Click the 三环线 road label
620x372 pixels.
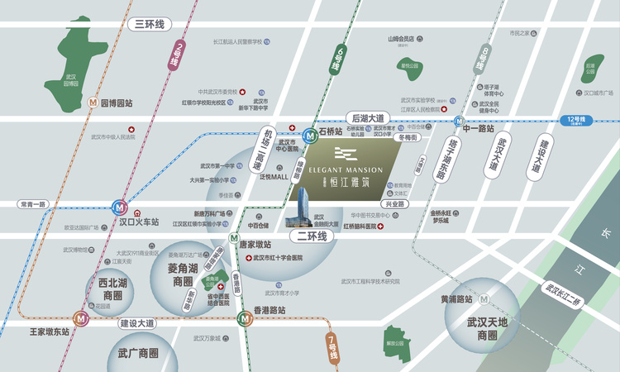click(x=151, y=24)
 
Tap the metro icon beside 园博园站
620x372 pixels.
click(x=93, y=104)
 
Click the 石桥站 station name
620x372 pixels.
click(x=330, y=131)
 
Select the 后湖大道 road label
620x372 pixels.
click(x=369, y=119)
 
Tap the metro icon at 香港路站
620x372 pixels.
click(x=245, y=317)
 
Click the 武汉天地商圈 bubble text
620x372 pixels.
click(x=481, y=329)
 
